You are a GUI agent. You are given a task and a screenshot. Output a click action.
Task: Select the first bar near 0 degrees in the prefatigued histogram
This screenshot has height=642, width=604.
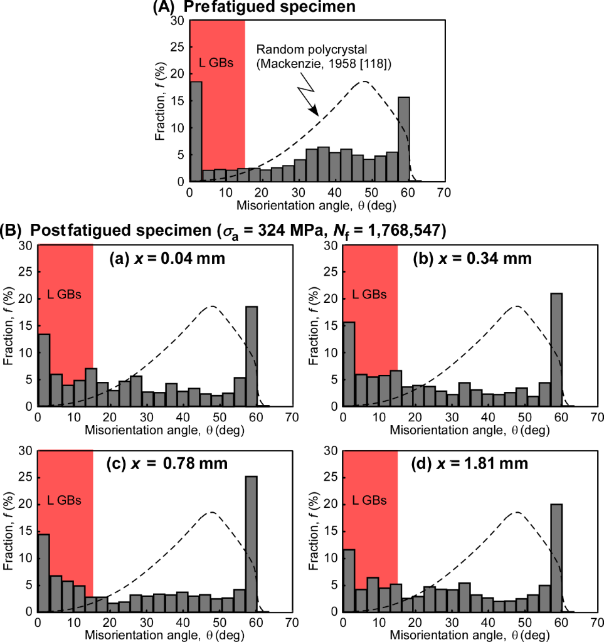196,132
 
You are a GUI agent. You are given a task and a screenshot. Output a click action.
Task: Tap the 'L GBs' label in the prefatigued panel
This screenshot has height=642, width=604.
216,62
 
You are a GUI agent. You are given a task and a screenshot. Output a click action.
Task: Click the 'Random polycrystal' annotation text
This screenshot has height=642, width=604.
301,50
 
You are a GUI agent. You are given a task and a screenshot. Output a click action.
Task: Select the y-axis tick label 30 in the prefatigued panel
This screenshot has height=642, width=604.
177,21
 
